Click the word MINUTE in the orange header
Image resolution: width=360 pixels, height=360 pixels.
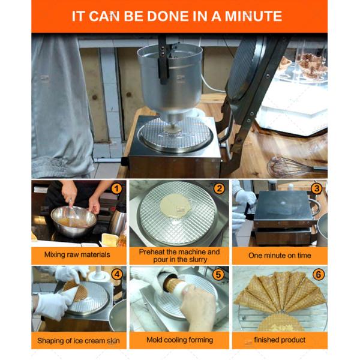click(253, 16)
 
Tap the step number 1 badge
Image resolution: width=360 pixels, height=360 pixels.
click(116, 189)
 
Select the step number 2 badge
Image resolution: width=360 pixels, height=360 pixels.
click(219, 188)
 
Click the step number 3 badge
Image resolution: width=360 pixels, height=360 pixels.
click(317, 188)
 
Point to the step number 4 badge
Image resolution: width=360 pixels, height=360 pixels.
click(117, 274)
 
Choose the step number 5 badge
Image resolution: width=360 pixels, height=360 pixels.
click(218, 274)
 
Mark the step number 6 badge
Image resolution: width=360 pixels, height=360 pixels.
click(319, 274)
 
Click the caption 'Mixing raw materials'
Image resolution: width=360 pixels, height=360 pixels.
click(77, 254)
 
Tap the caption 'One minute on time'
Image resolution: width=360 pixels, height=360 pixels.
click(280, 256)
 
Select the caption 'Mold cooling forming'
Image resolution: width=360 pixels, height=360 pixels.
click(180, 340)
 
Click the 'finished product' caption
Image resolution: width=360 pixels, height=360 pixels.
click(280, 340)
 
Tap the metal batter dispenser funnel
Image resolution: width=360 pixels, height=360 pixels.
click(170, 80)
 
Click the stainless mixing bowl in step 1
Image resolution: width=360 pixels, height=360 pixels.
click(74, 221)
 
